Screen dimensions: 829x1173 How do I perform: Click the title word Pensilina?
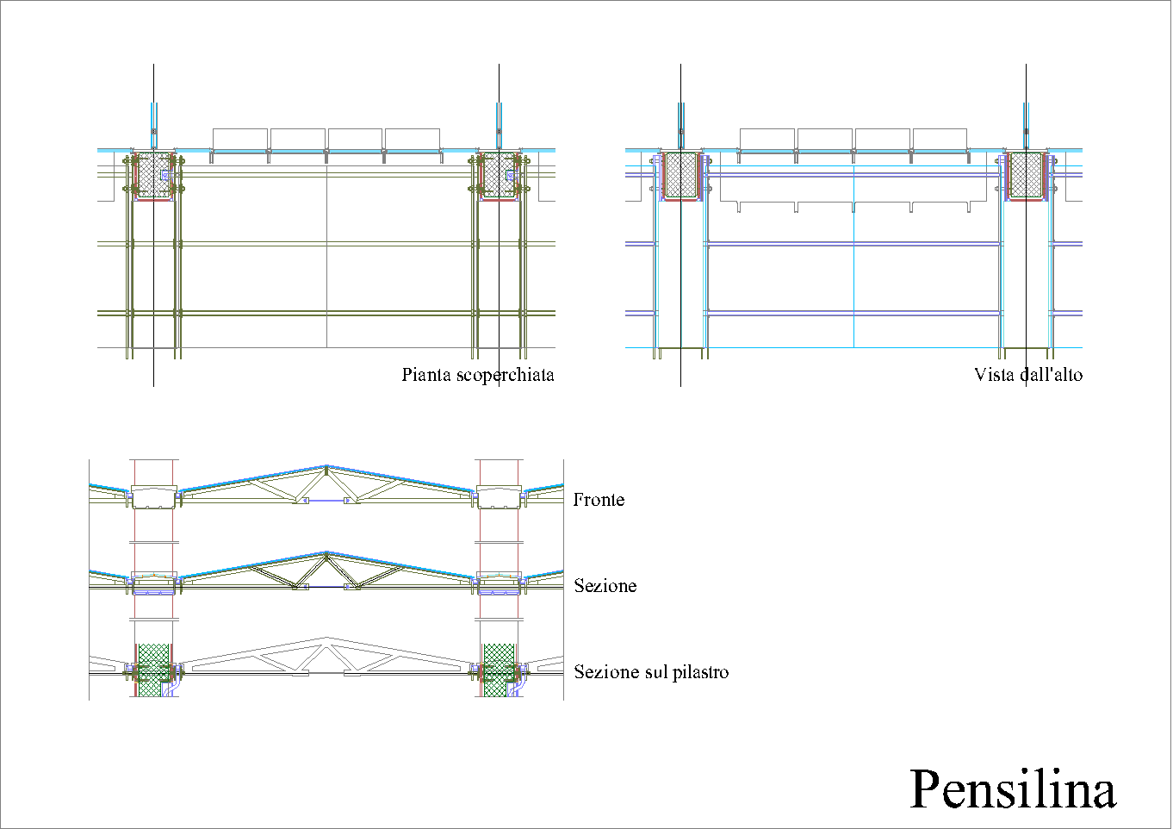coord(1013,789)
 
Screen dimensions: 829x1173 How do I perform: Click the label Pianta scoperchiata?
coord(477,375)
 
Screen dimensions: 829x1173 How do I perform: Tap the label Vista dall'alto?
coord(1027,375)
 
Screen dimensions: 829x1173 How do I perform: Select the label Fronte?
coord(599,500)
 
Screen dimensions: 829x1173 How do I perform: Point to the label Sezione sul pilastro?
coord(651,672)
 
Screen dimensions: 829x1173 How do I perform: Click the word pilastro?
coord(700,672)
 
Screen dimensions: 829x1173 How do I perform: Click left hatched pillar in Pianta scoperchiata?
coord(154,175)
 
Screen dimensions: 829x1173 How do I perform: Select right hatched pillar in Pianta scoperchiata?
coord(499,175)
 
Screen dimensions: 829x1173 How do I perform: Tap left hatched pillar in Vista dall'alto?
coord(680,175)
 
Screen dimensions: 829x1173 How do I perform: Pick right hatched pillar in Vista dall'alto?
coord(1026,175)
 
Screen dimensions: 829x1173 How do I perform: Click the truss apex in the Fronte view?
coord(326,468)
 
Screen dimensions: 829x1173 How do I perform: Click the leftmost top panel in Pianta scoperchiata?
coord(240,140)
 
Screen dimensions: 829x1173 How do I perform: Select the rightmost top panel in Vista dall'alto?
coord(940,140)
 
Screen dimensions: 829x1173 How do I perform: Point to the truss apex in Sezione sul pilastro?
coord(326,640)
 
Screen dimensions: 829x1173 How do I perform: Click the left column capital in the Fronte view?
coord(154,497)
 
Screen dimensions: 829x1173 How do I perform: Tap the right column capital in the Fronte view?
coord(500,497)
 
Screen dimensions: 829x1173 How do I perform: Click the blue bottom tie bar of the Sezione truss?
coord(326,587)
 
